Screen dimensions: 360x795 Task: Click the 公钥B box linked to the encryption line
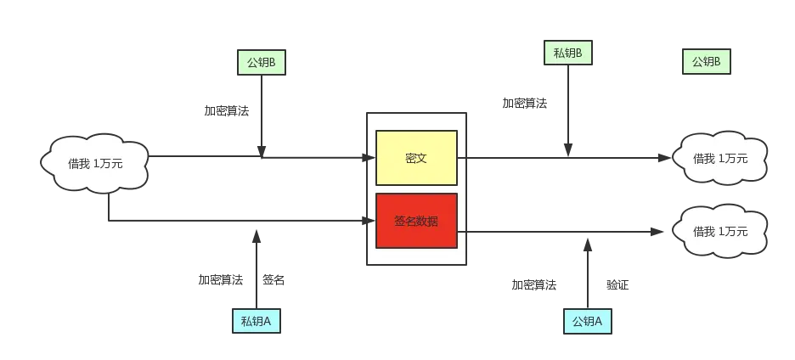[261, 62]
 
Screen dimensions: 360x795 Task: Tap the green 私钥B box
[567, 53]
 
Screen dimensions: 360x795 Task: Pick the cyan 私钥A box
[256, 321]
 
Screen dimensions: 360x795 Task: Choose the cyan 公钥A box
[587, 321]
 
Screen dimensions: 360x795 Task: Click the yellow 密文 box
[416, 158]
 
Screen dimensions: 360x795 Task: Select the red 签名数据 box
[416, 221]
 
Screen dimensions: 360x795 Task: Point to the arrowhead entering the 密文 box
[370, 158]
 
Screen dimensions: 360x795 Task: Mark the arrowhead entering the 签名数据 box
[370, 221]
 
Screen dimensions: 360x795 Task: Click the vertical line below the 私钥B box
[567, 110]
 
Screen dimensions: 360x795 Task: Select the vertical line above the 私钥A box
[256, 272]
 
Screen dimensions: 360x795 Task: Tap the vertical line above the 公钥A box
[587, 276]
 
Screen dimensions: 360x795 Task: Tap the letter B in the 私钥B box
[578, 53]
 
